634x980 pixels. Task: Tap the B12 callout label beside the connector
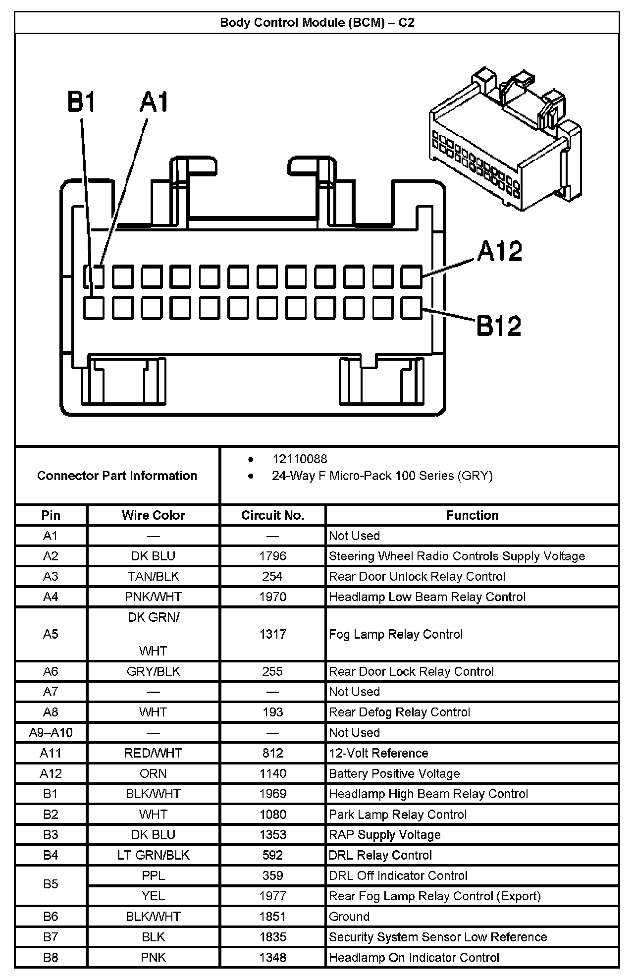[499, 326]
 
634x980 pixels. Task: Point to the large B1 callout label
[81, 102]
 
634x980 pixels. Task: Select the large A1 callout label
[154, 102]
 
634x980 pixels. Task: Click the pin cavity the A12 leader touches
[411, 276]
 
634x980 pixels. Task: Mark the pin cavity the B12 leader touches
[411, 308]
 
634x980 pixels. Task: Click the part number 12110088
[299, 459]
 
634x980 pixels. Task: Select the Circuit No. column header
[272, 515]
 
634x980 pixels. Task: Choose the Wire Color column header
[153, 515]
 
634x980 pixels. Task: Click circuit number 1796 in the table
[272, 556]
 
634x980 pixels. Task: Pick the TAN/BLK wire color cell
[153, 576]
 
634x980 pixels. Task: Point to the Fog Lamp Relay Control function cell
[396, 634]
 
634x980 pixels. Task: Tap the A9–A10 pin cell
[51, 732]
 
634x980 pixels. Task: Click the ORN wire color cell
[153, 773]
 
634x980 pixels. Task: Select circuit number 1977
[272, 896]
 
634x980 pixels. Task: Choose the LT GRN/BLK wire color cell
[153, 855]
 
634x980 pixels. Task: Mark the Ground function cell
[349, 917]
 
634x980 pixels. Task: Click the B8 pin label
[51, 957]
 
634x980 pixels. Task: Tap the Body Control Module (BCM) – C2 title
[317, 22]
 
